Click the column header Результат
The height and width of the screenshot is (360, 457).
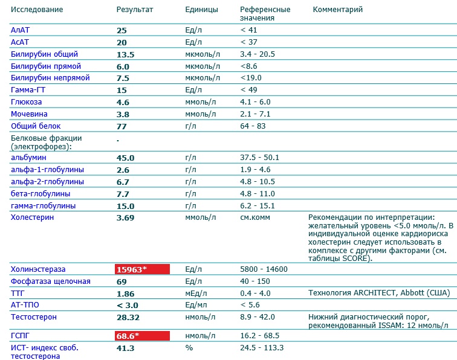coord(134,10)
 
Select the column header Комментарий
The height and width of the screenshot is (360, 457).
coord(338,10)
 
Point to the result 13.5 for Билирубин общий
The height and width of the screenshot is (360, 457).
coord(125,54)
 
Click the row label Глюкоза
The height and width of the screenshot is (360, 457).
coord(24,102)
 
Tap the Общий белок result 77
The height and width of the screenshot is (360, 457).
coord(121,126)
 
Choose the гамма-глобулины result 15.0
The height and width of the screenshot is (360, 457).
coord(125,206)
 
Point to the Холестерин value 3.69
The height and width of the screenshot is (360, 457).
coord(125,217)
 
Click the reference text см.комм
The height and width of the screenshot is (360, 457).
coord(255,217)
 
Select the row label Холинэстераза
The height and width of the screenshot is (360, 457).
coord(37,269)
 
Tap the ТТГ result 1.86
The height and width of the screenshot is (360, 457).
coord(125,293)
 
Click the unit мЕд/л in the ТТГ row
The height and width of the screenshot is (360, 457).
coord(195,293)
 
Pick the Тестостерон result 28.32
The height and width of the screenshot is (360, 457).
coord(128,317)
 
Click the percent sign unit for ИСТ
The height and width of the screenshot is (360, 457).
coord(189,348)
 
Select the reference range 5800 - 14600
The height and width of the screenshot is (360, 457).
coord(264,269)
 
